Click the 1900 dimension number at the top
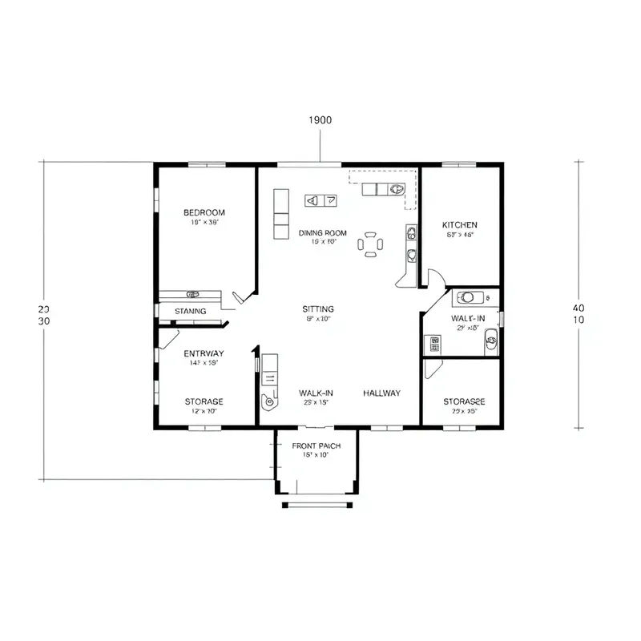pos(320,119)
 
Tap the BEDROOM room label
pos(204,212)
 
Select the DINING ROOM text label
pos(323,233)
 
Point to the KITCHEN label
pos(460,225)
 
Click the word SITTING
pos(318,309)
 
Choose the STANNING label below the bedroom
pos(190,311)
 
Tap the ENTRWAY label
pos(204,353)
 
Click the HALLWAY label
pos(381,393)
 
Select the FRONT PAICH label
pos(316,445)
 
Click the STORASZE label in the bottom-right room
pos(464,401)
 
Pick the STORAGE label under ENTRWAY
pos(204,401)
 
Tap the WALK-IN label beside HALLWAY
pos(316,393)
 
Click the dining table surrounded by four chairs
pos(370,244)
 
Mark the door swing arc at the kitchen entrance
pos(433,277)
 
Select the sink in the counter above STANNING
pos(192,294)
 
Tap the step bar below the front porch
pos(317,505)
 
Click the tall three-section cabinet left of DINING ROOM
pos(280,214)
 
